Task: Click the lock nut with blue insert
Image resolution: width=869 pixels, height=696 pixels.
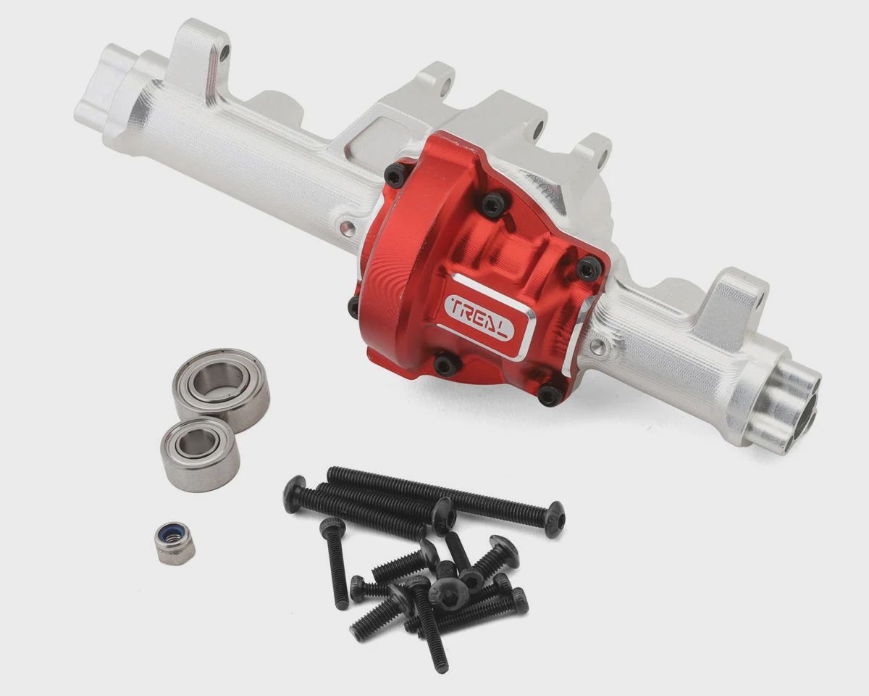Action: coord(175,547)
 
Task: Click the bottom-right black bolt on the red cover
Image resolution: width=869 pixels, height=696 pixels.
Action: coord(550,396)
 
